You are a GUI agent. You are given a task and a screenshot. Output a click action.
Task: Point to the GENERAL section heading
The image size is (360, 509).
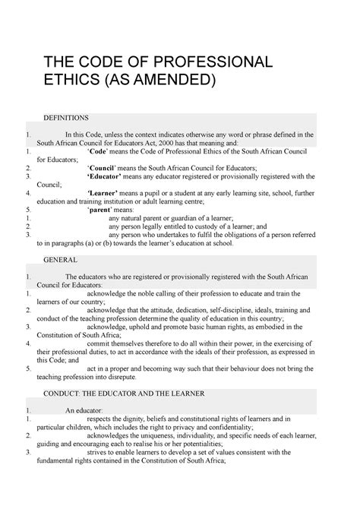coord(60,259)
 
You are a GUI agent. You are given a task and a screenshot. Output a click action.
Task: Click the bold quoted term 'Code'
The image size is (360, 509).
coord(99,152)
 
